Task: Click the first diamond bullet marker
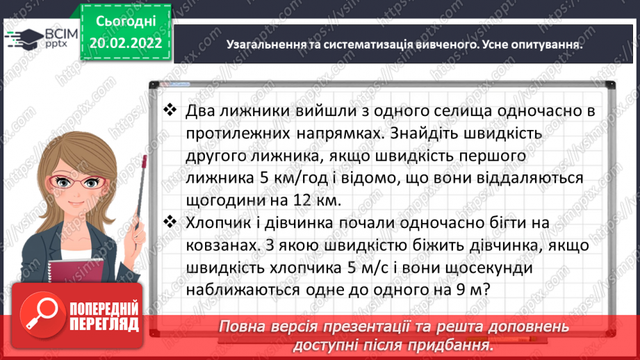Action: tap(170, 109)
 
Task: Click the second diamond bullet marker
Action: tap(170, 222)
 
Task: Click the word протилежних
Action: tap(240, 132)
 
